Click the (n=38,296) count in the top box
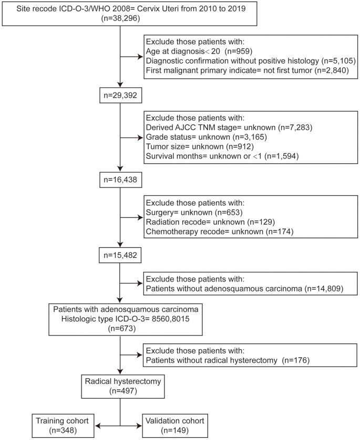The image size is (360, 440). coord(120,18)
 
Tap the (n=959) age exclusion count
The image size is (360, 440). coord(239,51)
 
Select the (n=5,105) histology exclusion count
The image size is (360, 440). coord(338,60)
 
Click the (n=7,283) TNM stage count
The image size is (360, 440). coord(295,128)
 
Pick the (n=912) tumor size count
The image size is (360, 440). coord(240,146)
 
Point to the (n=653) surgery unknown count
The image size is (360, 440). coord(229,213)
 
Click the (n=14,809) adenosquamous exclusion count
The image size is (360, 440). coord(324,288)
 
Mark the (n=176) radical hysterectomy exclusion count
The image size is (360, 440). coord(296,360)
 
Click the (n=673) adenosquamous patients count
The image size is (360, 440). coord(122,328)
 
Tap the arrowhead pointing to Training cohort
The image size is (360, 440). coord(97,426)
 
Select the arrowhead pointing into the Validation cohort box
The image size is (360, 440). coord(139,426)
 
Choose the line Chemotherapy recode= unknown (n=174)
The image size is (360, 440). coord(220,232)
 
